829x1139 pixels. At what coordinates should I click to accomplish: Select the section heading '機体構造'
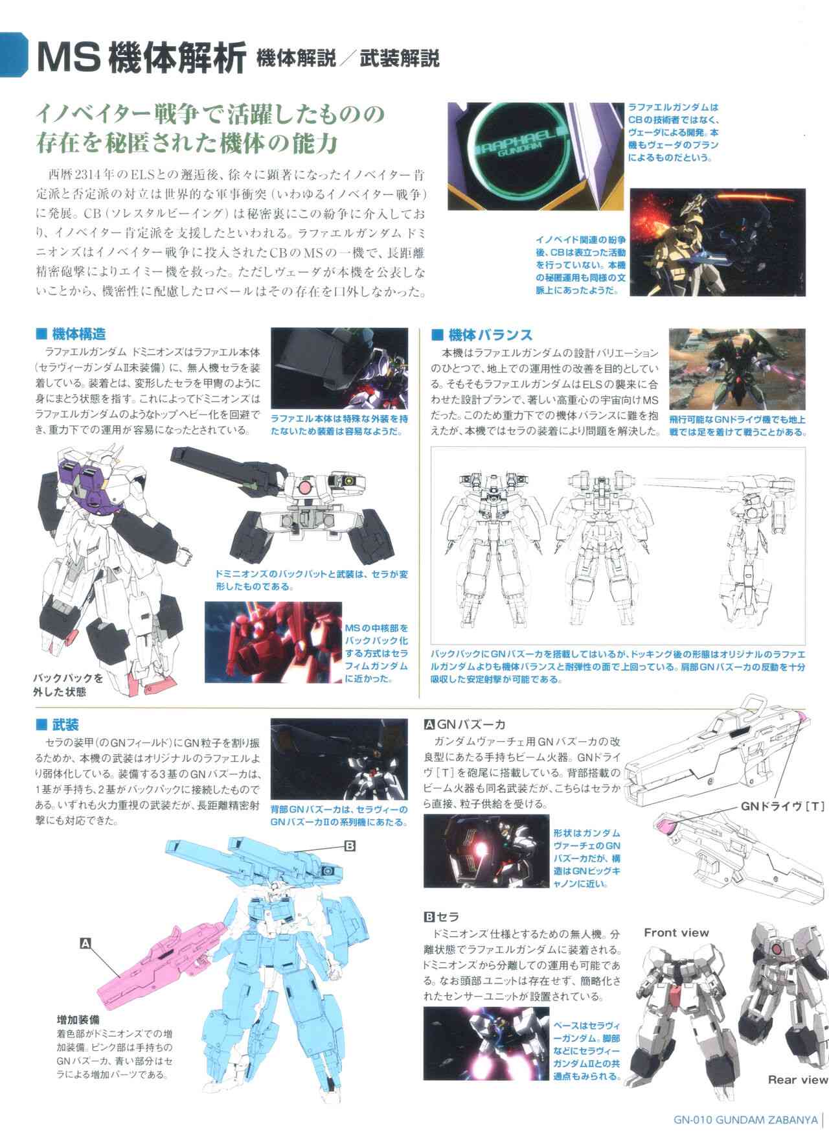pos(71,334)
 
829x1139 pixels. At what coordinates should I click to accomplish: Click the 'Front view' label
pos(676,933)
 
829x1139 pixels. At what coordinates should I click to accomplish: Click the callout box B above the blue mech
pos(350,846)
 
